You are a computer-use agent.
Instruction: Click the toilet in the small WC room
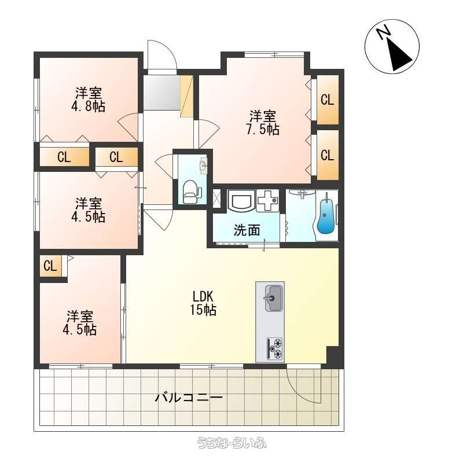point(192,192)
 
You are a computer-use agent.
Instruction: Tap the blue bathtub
point(325,214)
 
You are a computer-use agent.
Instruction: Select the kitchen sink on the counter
point(273,298)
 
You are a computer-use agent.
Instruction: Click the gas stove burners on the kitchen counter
point(274,348)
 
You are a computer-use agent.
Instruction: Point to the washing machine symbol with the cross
point(267,200)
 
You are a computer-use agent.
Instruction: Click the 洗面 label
point(247,230)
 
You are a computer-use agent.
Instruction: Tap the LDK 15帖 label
point(203,303)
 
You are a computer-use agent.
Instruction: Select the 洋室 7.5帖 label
point(263,123)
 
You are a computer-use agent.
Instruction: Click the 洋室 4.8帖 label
point(89,100)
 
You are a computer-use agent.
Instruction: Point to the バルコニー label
point(189,398)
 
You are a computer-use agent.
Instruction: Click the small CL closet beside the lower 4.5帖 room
point(50,266)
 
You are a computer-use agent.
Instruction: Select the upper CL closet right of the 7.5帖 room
point(328,100)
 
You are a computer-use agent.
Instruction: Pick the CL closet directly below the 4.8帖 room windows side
point(64,156)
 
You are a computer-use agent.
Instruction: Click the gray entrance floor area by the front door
point(161,93)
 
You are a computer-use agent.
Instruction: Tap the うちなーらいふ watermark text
point(232,443)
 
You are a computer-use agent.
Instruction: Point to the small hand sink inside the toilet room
point(204,166)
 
